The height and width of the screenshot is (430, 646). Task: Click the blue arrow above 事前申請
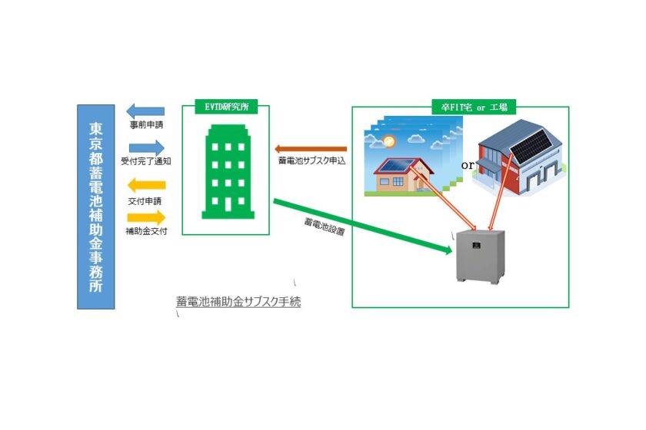pyautogui.click(x=145, y=111)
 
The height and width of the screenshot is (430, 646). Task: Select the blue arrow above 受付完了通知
pyautogui.click(x=146, y=147)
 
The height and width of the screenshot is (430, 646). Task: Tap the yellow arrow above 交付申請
pyautogui.click(x=145, y=185)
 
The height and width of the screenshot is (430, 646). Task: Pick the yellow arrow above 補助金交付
pyautogui.click(x=146, y=217)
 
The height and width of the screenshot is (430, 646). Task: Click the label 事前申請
pyautogui.click(x=145, y=124)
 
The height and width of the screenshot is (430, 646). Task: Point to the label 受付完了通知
pyautogui.click(x=146, y=161)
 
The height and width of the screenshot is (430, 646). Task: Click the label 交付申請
pyautogui.click(x=143, y=200)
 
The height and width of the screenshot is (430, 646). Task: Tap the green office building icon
pyautogui.click(x=226, y=170)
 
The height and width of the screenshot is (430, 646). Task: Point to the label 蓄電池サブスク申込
pyautogui.click(x=312, y=161)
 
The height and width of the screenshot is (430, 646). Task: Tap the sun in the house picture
pyautogui.click(x=388, y=142)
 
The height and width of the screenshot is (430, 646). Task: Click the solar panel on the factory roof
pyautogui.click(x=531, y=146)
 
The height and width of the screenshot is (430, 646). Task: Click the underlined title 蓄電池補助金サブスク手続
pyautogui.click(x=238, y=302)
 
